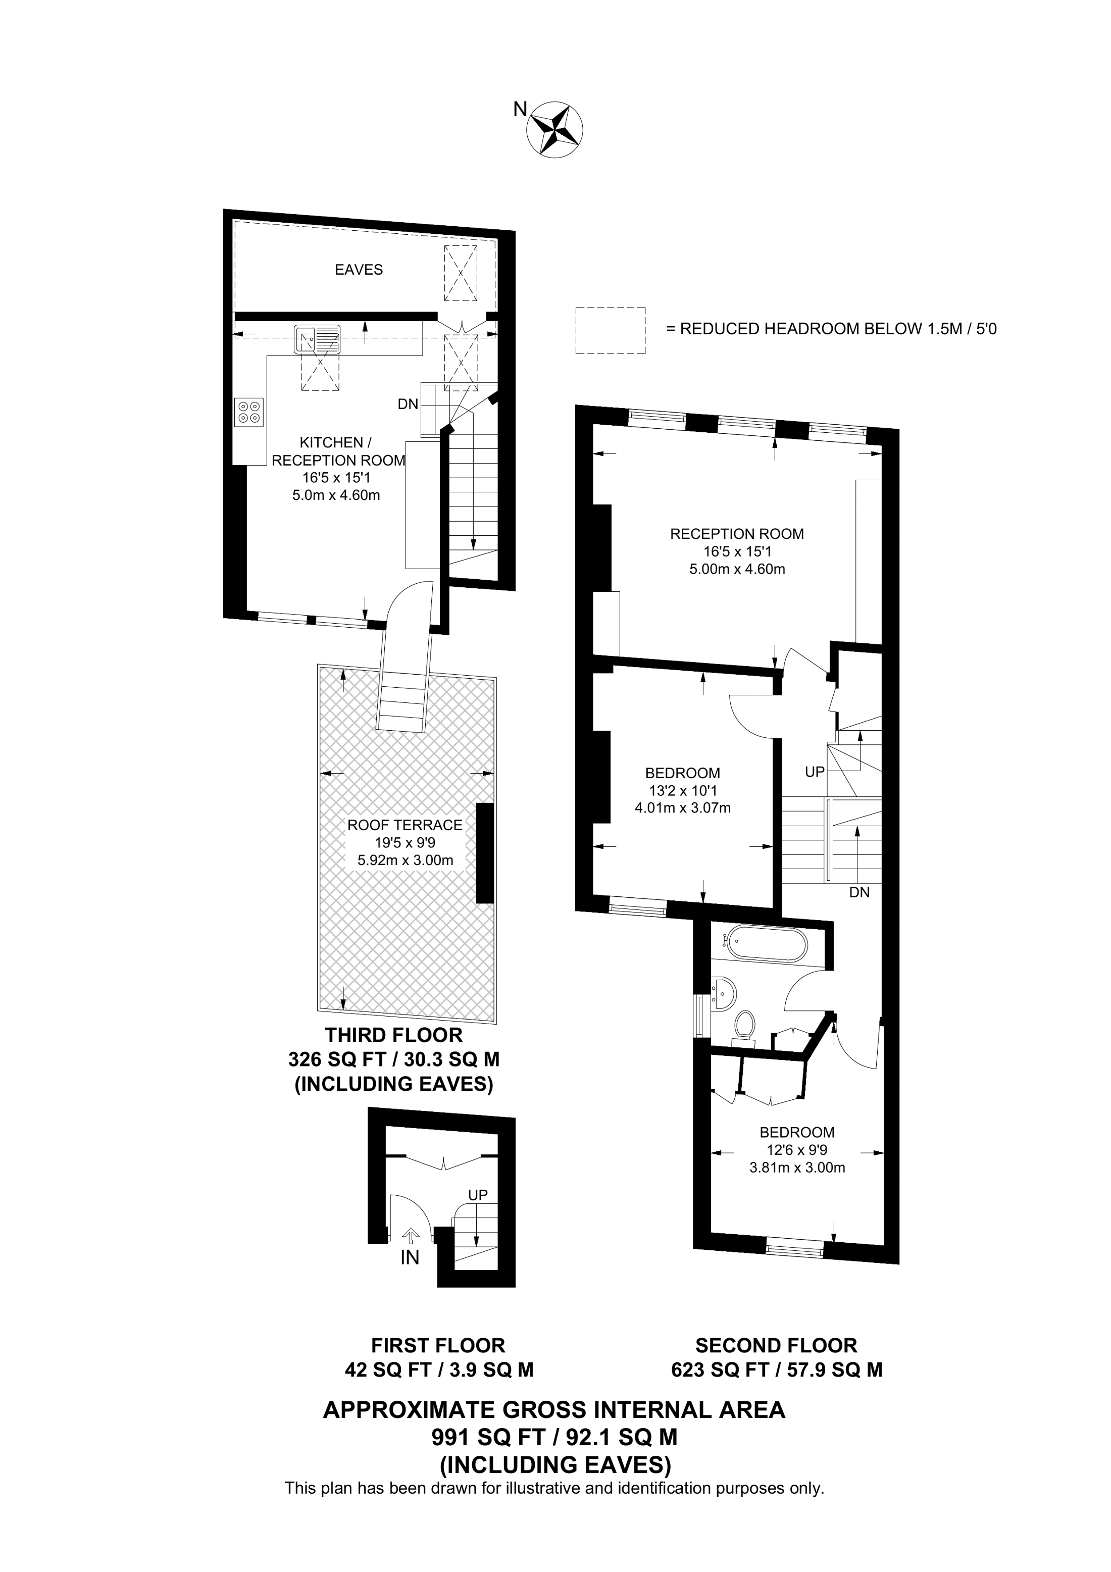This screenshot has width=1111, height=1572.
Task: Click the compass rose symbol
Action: [555, 128]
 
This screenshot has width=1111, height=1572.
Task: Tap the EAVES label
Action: [359, 270]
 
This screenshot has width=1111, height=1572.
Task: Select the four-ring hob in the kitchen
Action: [248, 412]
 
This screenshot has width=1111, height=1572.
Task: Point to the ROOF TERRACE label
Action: [405, 825]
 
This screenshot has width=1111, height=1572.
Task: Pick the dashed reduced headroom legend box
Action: [610, 330]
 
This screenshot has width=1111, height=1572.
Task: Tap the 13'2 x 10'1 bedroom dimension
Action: [682, 791]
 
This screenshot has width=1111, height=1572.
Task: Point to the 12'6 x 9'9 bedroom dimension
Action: [797, 1150]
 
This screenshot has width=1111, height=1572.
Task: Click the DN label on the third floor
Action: [408, 404]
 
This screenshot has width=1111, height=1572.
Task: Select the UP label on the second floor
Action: [815, 772]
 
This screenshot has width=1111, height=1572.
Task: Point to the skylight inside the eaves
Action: [460, 273]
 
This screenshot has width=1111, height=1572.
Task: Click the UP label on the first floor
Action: [478, 1195]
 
